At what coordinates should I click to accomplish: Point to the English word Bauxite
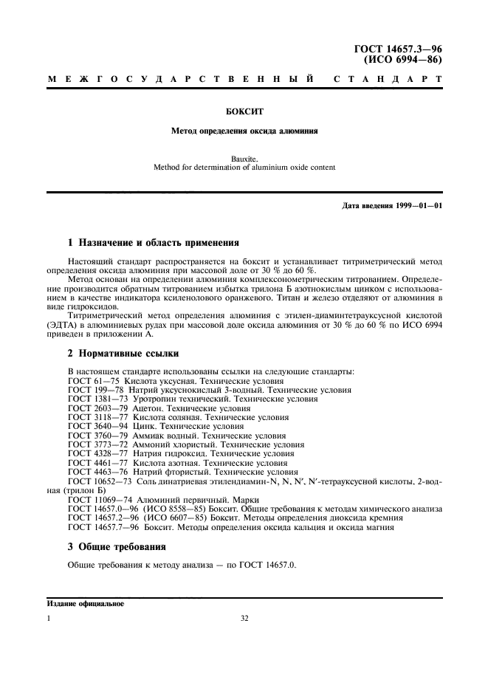(244, 158)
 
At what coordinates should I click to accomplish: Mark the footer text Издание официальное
(85, 603)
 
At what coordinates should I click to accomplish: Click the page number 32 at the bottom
(244, 620)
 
